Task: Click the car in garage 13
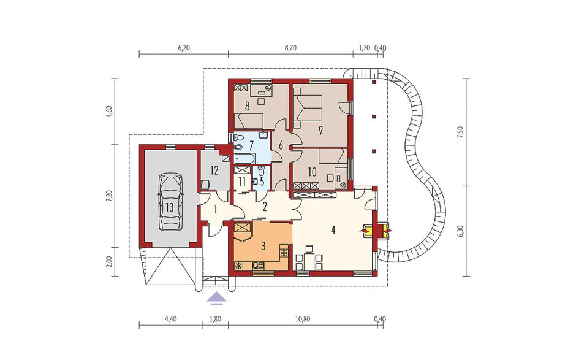click(170, 202)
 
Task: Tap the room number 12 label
click(214, 170)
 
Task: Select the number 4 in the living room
click(333, 231)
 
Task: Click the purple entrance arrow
click(217, 298)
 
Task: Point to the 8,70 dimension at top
click(290, 48)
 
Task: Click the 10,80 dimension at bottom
click(302, 319)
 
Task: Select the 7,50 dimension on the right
click(460, 132)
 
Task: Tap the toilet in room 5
click(261, 171)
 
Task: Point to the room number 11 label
click(241, 182)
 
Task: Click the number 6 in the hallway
click(281, 145)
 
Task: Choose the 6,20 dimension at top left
click(184, 48)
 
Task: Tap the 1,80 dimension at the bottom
click(215, 319)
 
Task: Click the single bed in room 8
click(249, 120)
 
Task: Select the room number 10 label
click(313, 172)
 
